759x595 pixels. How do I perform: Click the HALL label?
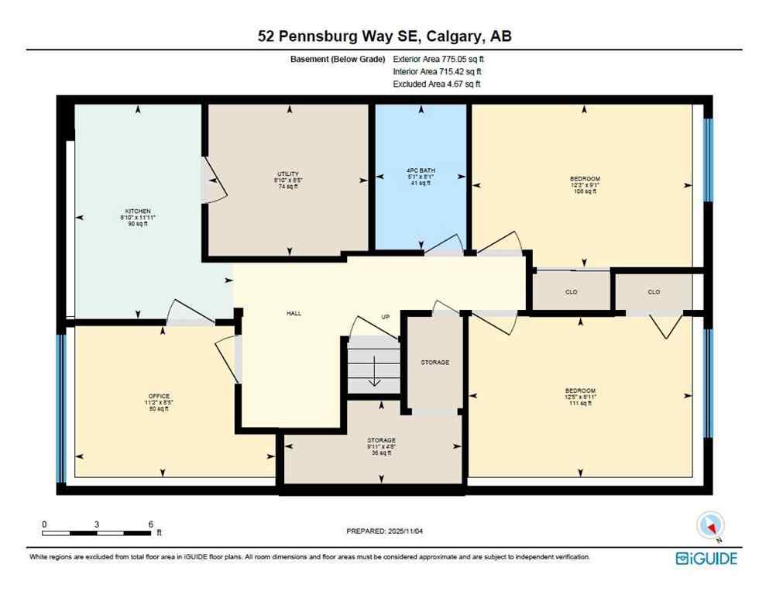pyautogui.click(x=294, y=314)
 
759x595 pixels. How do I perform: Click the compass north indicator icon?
pyautogui.click(x=710, y=526)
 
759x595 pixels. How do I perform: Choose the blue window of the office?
pyautogui.click(x=60, y=408)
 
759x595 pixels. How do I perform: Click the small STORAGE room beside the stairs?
pyautogui.click(x=434, y=362)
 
